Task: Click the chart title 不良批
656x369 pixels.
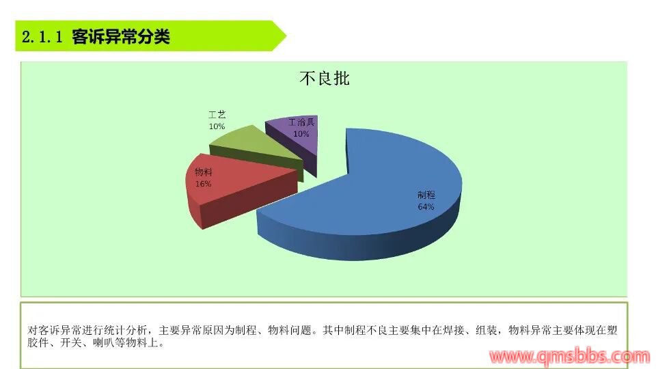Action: click(x=325, y=78)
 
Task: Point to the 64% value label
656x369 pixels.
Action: click(x=426, y=206)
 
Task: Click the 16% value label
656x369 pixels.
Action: click(x=204, y=184)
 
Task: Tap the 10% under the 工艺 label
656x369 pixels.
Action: click(x=217, y=126)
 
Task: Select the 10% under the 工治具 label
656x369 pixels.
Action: click(x=301, y=134)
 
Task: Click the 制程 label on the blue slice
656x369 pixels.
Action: click(x=426, y=195)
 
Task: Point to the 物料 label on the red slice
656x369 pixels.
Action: click(x=204, y=172)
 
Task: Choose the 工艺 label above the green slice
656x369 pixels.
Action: click(x=217, y=115)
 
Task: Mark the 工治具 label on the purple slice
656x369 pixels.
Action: click(x=301, y=122)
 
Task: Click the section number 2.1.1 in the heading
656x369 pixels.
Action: click(x=42, y=37)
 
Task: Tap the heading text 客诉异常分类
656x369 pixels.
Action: click(x=121, y=37)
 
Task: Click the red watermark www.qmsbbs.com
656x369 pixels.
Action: click(x=570, y=357)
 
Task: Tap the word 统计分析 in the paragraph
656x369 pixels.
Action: click(x=126, y=331)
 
